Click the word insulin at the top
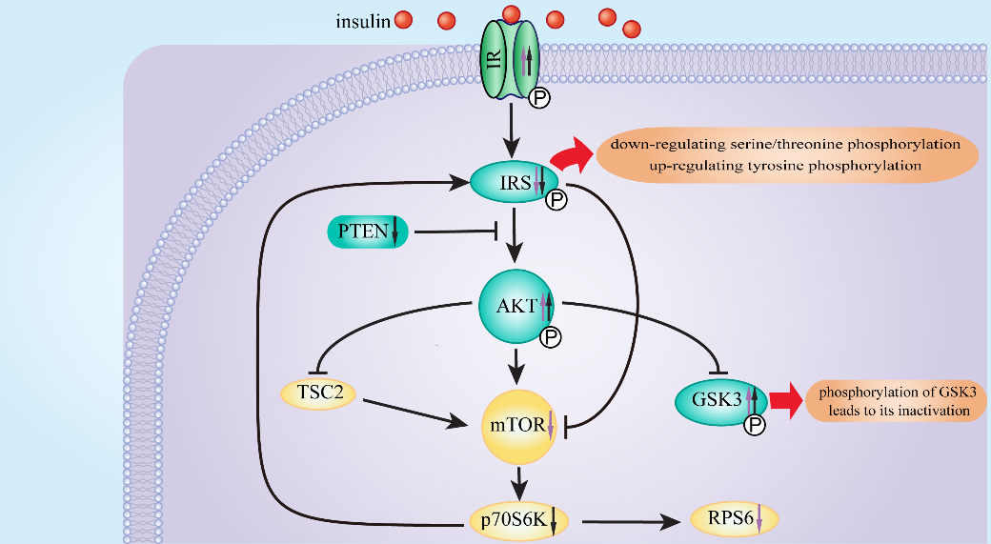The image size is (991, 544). [363, 21]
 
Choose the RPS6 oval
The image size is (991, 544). [733, 520]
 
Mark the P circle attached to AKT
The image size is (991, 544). [550, 336]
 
